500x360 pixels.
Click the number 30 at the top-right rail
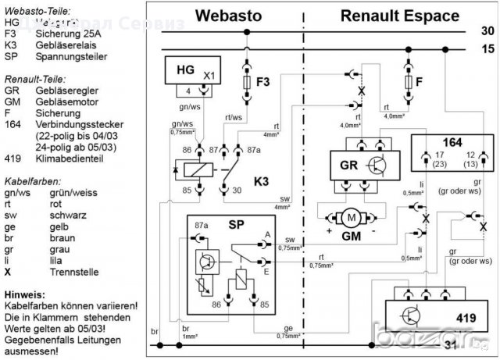point(487,31)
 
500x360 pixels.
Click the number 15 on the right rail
point(487,49)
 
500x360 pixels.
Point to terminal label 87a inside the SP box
point(202,225)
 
